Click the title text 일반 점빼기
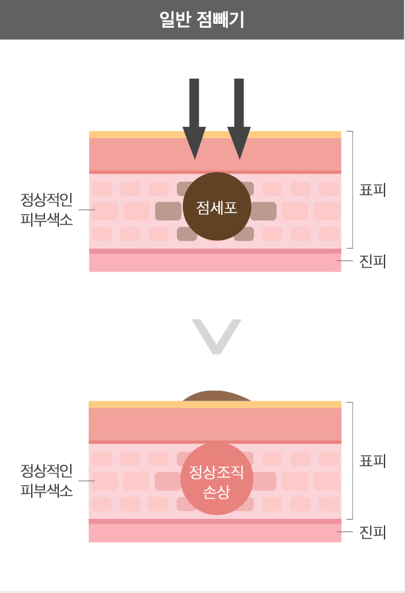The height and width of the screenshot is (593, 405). [202, 19]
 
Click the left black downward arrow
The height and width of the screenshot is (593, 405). [194, 119]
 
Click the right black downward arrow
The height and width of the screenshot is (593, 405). [239, 119]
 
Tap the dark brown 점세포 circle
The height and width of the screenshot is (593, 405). [217, 206]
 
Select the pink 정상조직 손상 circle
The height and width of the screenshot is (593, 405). [216, 479]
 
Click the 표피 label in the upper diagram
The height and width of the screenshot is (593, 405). [373, 190]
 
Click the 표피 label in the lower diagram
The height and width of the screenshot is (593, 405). [373, 461]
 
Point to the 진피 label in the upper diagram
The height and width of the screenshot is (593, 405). [373, 261]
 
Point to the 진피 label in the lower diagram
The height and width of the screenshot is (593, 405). [373, 532]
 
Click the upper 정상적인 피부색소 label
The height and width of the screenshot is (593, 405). [46, 210]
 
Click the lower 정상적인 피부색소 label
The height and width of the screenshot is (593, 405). [46, 481]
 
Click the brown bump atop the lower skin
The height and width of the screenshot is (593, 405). [216, 396]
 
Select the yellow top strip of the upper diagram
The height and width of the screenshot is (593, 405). [215, 135]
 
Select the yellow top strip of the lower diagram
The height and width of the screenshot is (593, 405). [215, 405]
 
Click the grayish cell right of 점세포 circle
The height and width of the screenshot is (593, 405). [263, 211]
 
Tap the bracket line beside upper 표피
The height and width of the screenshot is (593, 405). [352, 190]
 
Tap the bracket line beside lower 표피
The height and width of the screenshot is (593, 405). [352, 461]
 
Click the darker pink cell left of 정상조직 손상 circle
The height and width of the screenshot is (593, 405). [169, 481]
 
